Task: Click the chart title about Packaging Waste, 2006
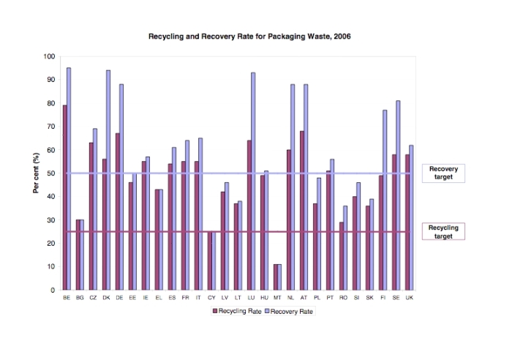pos(249,37)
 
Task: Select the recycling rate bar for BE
pos(64,198)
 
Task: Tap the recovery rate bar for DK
pos(108,180)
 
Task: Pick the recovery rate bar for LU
pos(253,181)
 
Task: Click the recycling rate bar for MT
pos(276,277)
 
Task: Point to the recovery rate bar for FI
pos(385,200)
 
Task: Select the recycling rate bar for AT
pos(301,211)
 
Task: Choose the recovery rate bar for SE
pos(398,195)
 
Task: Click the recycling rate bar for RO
pos(342,256)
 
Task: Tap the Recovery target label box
pos(443,173)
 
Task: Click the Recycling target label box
pos(443,232)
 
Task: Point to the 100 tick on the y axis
pos(49,56)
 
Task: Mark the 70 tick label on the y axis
pos(51,127)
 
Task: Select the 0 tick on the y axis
pos(53,290)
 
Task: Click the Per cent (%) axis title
pos(36,173)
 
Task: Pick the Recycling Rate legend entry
pos(237,311)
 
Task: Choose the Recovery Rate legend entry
pos(289,311)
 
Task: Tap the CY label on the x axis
pos(211,298)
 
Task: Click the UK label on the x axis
pos(409,298)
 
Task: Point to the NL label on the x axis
pos(290,298)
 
